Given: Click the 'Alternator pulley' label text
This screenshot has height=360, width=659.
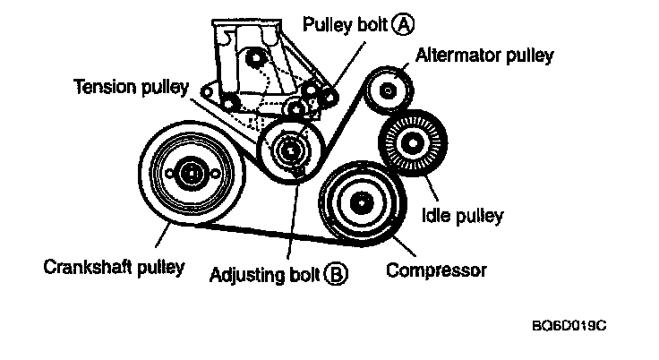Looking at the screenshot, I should tap(484, 56).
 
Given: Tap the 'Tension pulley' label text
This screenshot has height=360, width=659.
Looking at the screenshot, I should tap(131, 87).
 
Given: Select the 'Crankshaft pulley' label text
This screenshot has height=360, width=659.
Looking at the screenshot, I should tap(114, 266).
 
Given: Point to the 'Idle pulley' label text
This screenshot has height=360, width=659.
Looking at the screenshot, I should tap(462, 215).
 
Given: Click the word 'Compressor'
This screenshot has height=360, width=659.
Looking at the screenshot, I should tap(436, 270).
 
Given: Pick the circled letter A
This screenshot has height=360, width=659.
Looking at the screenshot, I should tap(406, 24).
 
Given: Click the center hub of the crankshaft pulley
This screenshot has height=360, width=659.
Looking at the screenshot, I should tap(190, 174).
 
